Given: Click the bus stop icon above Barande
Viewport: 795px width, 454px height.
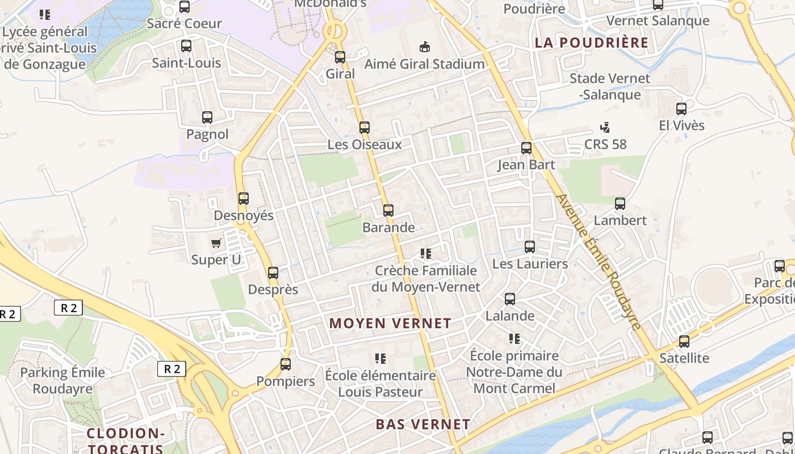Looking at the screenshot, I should point(388,211).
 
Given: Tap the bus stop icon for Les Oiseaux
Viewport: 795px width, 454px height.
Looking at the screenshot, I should point(365,128).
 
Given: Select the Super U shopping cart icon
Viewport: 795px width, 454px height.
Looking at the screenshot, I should point(216,243).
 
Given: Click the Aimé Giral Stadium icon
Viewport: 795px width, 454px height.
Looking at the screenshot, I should point(424,47).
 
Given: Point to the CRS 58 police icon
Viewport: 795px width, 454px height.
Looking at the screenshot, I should point(605,128).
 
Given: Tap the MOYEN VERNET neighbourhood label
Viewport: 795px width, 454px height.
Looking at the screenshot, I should point(390,323).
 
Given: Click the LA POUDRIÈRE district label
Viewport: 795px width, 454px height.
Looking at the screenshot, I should point(591,43).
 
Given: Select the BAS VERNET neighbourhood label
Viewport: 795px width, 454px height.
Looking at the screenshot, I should point(423,424).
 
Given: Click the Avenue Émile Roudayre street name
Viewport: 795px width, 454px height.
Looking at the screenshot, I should point(599,261).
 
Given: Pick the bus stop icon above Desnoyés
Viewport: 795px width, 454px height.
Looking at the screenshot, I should point(244,199).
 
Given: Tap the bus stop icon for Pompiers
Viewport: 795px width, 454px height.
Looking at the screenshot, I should point(286,364).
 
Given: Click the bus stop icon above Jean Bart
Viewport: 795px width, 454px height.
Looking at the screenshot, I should point(526,148).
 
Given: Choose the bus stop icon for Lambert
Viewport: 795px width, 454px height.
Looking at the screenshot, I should point(620,203).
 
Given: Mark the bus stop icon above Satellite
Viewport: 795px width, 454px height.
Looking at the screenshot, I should point(684,342).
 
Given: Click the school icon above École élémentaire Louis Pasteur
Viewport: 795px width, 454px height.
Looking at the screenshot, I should point(380,359).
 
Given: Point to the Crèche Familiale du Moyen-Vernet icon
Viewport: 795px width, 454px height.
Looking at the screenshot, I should point(425,254).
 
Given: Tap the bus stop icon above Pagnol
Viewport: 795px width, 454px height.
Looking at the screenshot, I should point(207,117).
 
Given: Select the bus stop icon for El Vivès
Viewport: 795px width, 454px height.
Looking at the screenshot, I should point(681,109).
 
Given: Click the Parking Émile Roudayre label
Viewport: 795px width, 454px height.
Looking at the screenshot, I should point(62,381).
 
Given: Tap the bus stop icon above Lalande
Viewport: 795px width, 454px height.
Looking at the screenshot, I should point(510,299).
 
